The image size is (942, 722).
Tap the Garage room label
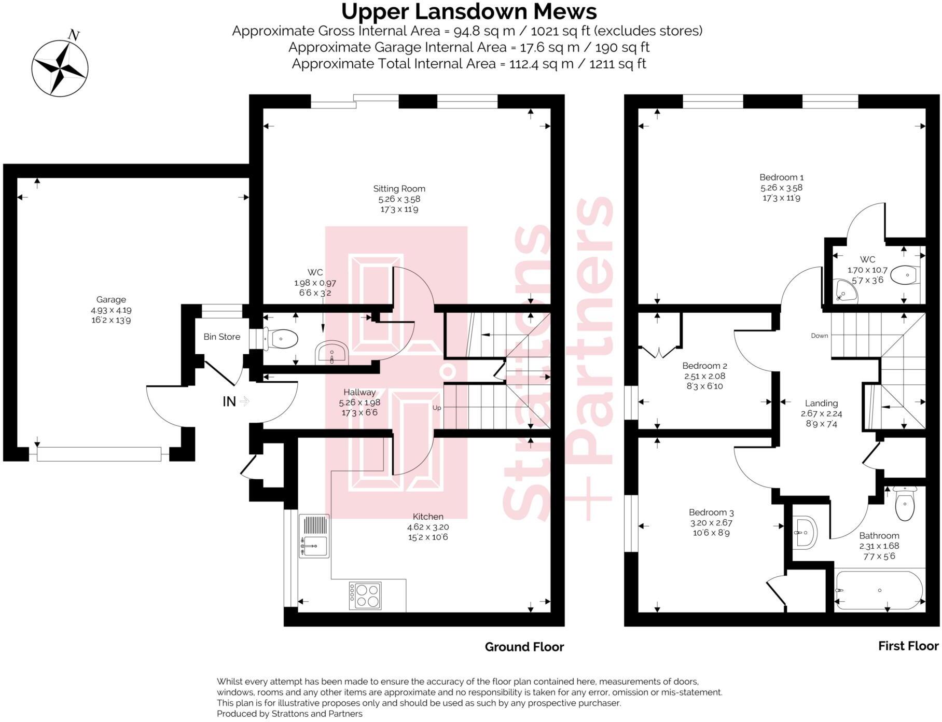pos(111,300)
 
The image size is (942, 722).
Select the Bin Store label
pos(221,337)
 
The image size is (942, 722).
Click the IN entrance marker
pos(229,401)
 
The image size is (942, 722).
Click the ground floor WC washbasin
pos(331,353)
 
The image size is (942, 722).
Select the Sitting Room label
pos(399,189)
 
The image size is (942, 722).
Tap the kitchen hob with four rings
pos(365,596)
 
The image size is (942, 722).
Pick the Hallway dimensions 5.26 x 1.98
pos(359,402)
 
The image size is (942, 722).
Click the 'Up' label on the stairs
pos(437,408)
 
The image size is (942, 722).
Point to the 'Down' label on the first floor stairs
pos(820,336)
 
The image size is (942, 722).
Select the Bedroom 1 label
pos(781,177)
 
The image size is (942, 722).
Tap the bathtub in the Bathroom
pos(879,590)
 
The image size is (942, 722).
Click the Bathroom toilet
pos(905,504)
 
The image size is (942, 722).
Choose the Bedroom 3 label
pos(711,512)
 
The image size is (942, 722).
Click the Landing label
pos(821,403)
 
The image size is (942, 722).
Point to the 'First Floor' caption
pos(908,646)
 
